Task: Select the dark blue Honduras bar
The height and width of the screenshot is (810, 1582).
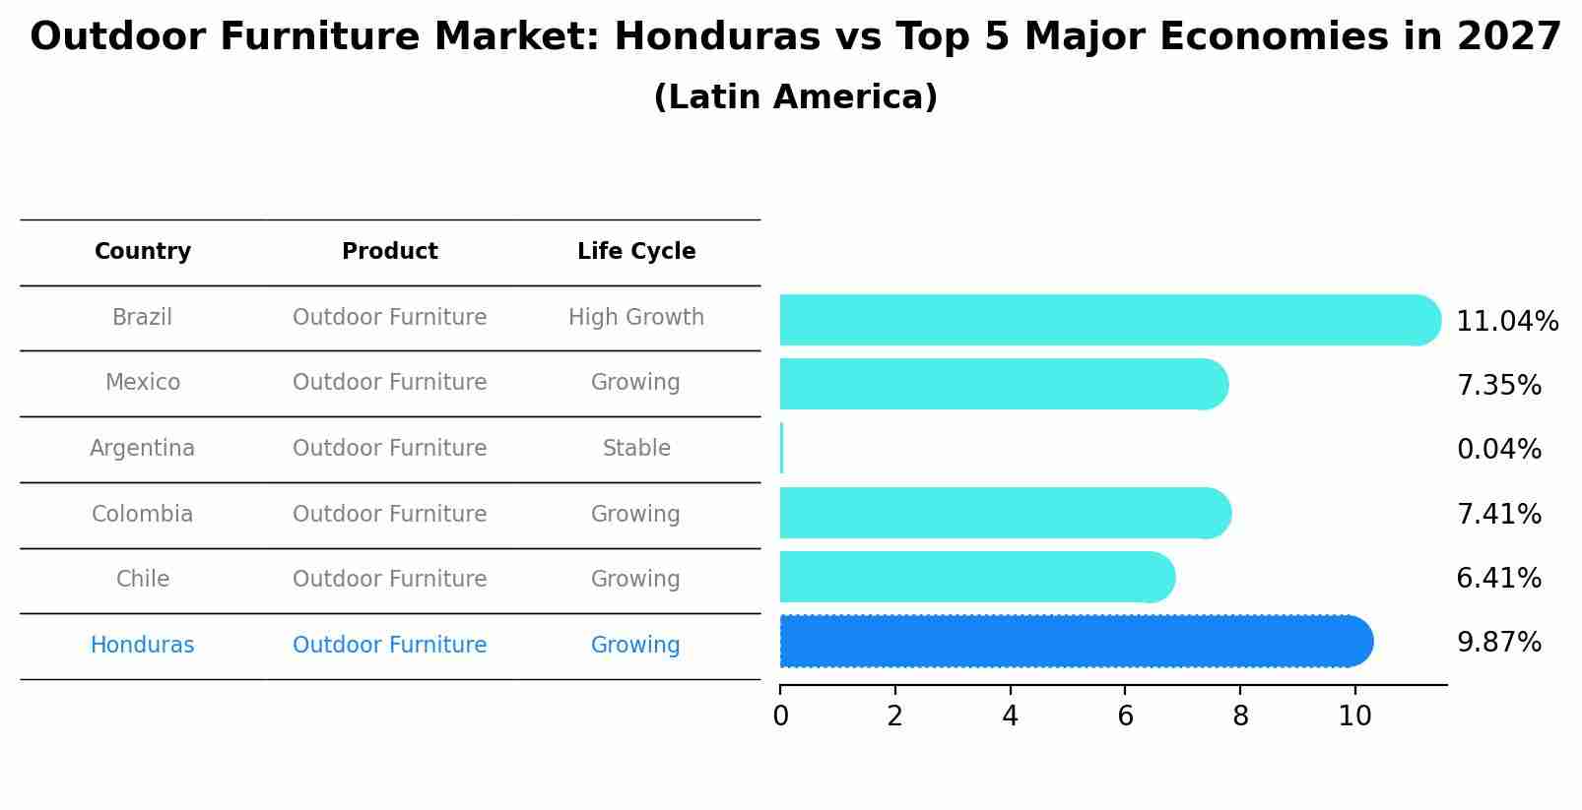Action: coord(1074,642)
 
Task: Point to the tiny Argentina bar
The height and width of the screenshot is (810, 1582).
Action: coord(781,449)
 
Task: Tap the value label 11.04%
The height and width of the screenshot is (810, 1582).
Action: coord(1506,322)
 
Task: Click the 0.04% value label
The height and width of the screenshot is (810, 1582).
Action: coord(1498,450)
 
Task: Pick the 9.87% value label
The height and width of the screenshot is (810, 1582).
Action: coord(1498,643)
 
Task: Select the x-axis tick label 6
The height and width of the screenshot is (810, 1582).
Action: coord(1125,717)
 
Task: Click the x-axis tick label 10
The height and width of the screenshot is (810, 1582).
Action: coord(1354,717)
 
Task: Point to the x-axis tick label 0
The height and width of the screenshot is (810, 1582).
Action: coord(780,717)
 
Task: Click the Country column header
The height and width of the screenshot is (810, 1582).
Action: coord(143,252)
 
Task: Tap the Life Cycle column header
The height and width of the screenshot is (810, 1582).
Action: coord(636,252)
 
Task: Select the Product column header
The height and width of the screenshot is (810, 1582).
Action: coord(390,252)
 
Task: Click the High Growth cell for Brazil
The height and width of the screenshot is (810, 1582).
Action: coord(636,318)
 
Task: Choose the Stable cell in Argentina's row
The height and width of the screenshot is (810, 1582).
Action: coord(636,449)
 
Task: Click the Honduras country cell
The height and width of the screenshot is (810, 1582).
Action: coord(143,646)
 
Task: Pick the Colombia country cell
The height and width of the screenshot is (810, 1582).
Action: coord(143,515)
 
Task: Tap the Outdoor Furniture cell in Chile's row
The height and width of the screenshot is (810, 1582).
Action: coord(390,580)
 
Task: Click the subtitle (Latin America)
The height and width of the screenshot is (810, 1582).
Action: coord(795,97)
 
